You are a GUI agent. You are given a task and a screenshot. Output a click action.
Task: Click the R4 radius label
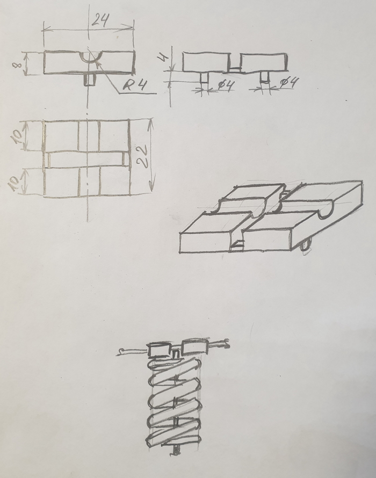click(x=133, y=84)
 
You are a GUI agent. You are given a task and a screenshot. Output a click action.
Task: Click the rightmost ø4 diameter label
click(x=290, y=83)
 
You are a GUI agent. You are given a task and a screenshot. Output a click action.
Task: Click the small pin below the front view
click(x=90, y=79)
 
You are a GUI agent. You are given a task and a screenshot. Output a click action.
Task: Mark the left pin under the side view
click(x=205, y=77)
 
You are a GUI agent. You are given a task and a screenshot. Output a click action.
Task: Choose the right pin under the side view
click(x=265, y=77)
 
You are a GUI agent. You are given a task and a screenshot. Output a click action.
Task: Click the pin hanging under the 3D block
click(x=306, y=245)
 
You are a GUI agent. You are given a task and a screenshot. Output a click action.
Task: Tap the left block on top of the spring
click(x=158, y=350)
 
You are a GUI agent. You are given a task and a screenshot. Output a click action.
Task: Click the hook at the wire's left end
click(x=122, y=352)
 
